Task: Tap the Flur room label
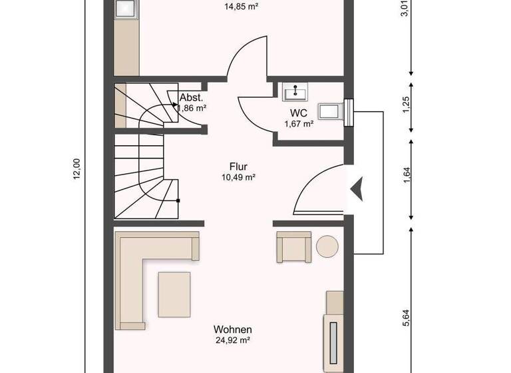click(239, 167)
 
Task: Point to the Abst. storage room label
click(191, 97)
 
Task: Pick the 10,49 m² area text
click(239, 177)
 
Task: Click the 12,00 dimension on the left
click(76, 169)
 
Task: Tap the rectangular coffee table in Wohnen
click(174, 294)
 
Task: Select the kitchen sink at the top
click(125, 8)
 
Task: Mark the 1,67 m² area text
click(299, 124)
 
